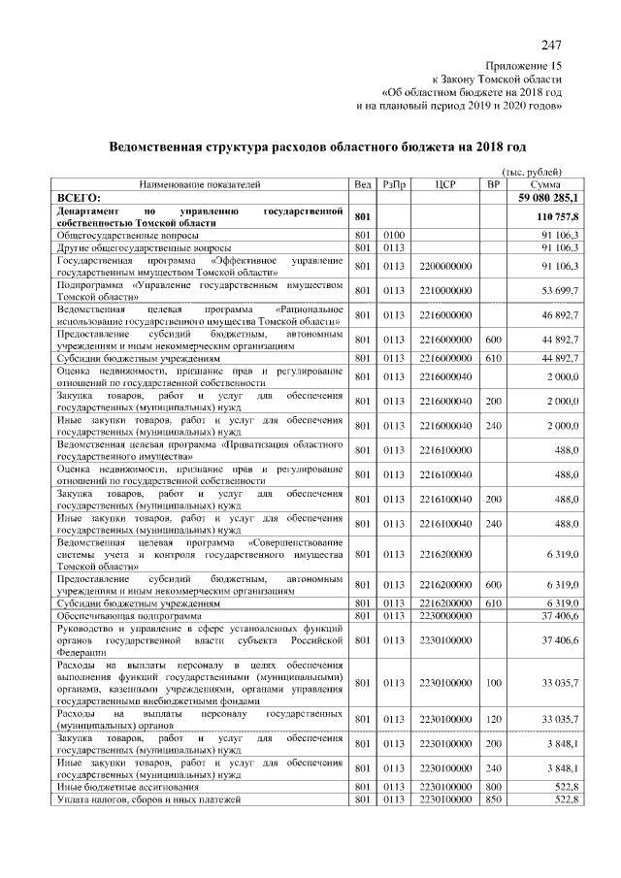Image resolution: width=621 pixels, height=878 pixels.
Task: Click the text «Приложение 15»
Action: pyautogui.click(x=524, y=64)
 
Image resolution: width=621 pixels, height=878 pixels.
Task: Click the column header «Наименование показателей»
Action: pyautogui.click(x=200, y=183)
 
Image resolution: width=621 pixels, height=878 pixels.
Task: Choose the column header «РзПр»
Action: pyautogui.click(x=394, y=183)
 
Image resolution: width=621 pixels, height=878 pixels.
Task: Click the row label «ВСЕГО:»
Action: pyautogui.click(x=81, y=197)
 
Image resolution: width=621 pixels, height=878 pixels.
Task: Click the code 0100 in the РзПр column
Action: pyautogui.click(x=393, y=235)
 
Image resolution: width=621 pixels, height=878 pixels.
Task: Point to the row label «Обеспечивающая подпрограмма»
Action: pyautogui.click(x=129, y=615)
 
